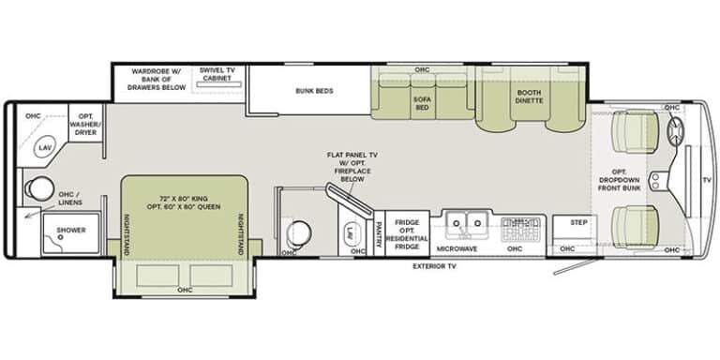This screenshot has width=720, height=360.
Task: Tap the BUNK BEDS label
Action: click(314, 91)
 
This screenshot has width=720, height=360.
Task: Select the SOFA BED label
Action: click(422, 103)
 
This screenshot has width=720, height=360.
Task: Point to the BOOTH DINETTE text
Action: click(529, 97)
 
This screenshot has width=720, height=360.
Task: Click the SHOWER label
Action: click(71, 230)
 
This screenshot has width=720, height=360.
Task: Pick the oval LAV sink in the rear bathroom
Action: click(46, 147)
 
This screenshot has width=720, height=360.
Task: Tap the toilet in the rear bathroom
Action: click(36, 189)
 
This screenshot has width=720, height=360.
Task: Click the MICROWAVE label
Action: click(457, 248)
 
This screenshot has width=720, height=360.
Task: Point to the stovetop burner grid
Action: click(520, 228)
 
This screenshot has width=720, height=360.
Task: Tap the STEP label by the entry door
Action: click(578, 223)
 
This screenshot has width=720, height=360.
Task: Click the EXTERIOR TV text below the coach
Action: click(434, 266)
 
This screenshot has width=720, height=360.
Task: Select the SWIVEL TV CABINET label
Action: click(217, 74)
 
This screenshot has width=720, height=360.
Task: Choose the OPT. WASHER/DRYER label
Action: click(86, 125)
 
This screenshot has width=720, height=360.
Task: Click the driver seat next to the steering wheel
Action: click(636, 131)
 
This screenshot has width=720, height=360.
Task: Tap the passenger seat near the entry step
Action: click(636, 226)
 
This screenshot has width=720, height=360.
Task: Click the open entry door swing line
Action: click(577, 267)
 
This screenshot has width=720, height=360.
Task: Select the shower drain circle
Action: click(60, 238)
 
